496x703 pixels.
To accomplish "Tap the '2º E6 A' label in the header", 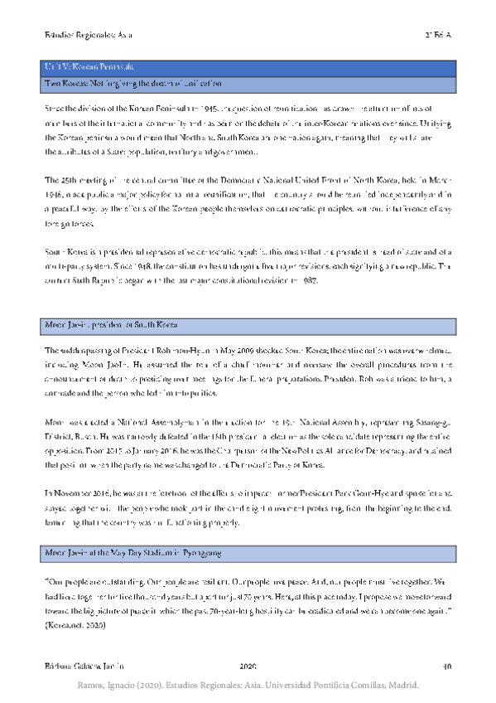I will [x=437, y=36].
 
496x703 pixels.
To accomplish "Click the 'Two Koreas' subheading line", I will [x=132, y=84].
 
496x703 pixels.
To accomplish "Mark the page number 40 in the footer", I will [x=446, y=666].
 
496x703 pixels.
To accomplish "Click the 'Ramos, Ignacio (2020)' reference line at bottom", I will [x=248, y=686].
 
